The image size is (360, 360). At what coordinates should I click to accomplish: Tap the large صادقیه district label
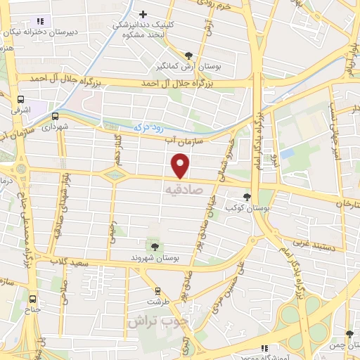184,190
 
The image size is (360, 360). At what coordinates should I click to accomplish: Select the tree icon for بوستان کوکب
246,197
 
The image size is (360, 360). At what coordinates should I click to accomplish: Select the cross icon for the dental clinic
143,14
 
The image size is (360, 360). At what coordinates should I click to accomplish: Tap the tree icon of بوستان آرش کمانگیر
188,55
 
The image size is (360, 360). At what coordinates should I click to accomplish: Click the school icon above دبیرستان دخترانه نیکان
40,21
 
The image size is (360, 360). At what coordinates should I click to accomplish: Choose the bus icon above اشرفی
21,99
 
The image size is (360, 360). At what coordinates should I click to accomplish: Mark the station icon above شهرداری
55,117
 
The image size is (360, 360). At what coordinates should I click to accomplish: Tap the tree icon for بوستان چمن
349,334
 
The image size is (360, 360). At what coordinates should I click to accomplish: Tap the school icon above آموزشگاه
264,348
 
